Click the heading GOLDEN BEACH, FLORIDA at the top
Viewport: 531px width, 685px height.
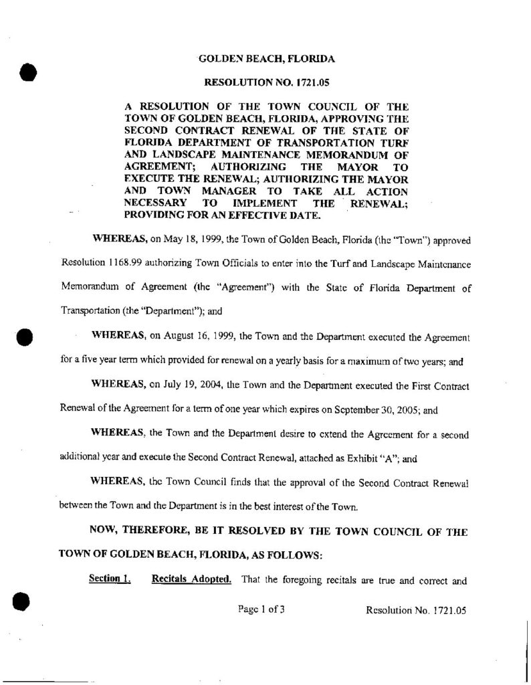point(267,59)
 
